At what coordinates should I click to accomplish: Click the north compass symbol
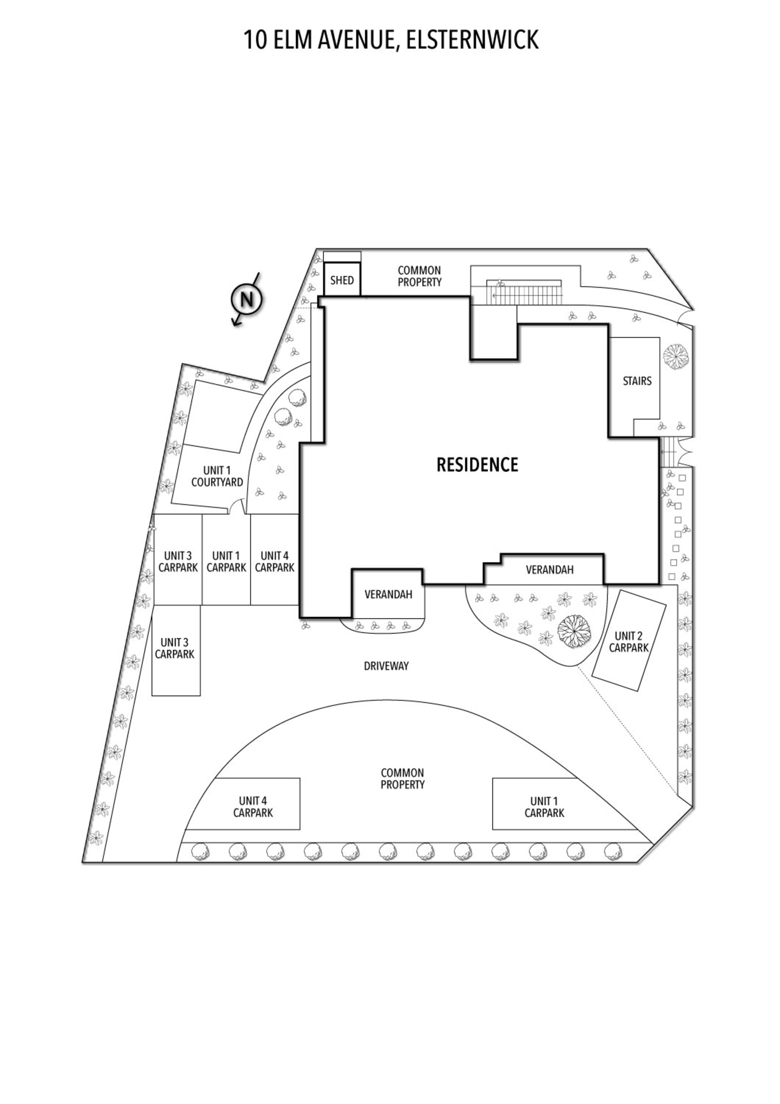click(246, 300)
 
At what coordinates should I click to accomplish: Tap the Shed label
click(342, 280)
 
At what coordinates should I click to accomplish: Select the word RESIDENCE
click(477, 465)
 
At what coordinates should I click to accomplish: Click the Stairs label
click(637, 381)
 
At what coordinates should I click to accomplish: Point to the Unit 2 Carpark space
click(629, 640)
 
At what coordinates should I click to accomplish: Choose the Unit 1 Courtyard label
click(217, 476)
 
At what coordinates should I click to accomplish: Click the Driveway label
click(386, 666)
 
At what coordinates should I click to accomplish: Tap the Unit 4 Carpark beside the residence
click(275, 560)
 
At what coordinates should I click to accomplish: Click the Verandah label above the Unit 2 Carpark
click(549, 570)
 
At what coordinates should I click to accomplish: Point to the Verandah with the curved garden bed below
click(388, 594)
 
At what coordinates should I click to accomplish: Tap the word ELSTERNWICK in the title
click(472, 40)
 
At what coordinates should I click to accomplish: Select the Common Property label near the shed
click(420, 276)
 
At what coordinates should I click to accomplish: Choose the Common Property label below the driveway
click(402, 778)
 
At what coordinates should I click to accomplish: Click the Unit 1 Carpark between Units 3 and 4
click(226, 560)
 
